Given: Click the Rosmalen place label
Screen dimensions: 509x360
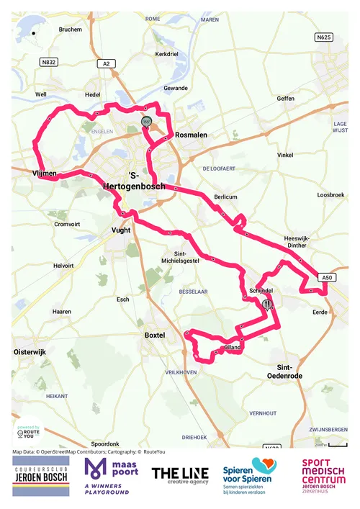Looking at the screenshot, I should coord(192,135).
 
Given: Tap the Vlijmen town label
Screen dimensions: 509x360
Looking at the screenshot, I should coord(44,174).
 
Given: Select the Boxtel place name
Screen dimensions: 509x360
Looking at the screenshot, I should coord(155,335).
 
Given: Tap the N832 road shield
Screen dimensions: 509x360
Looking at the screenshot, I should coord(49,63).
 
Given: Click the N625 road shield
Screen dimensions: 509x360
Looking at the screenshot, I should coord(324,37).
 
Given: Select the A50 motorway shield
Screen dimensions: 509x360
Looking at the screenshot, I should coord(327,277).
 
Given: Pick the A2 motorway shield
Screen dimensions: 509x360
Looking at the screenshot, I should coord(107,64).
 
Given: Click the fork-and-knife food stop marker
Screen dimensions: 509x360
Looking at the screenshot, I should coord(267,305).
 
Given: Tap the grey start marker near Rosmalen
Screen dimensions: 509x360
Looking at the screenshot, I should coord(146,122).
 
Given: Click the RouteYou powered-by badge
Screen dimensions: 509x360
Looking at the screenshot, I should coord(27,433).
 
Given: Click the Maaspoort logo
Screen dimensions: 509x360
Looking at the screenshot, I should coord(109,476).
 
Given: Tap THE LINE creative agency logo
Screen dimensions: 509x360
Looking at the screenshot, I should coord(180,476).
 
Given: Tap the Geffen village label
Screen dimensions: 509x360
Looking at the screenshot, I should coord(286,98).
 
